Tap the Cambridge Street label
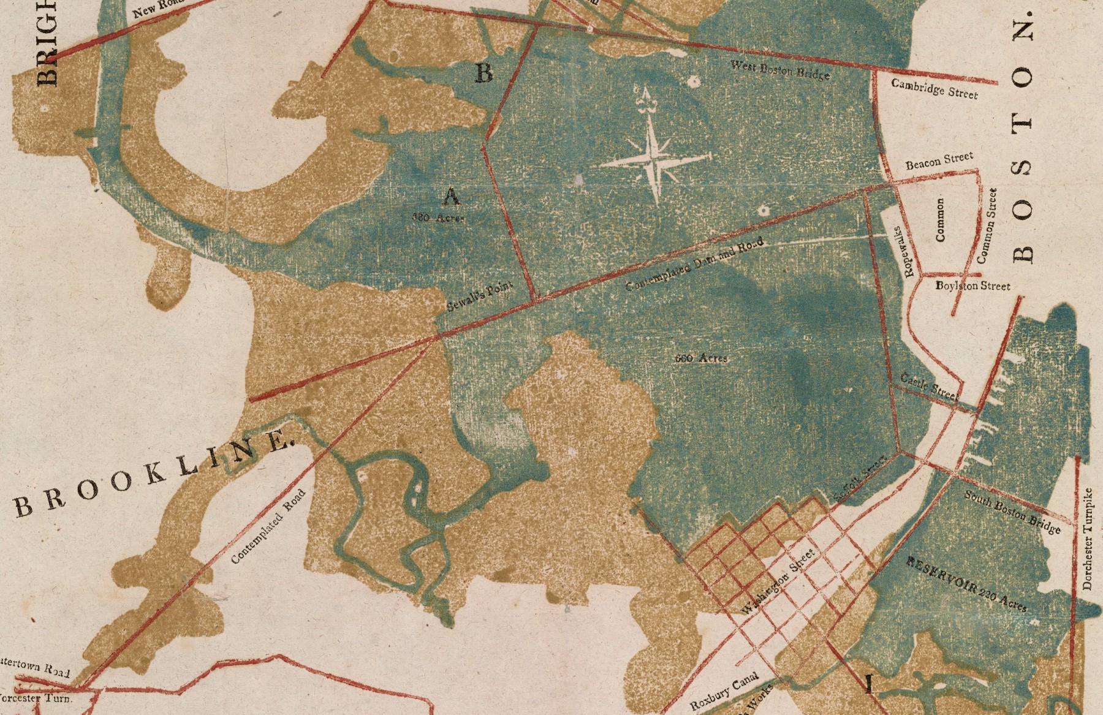point(934,88)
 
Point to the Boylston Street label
point(972,286)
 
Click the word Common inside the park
point(941,219)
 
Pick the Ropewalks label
point(902,251)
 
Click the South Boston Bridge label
point(1012,512)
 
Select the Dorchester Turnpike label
point(1088,539)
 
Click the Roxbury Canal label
point(724,691)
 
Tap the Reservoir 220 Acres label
point(966,584)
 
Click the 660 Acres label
point(701,358)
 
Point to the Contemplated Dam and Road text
point(696,264)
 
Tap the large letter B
point(484,74)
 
